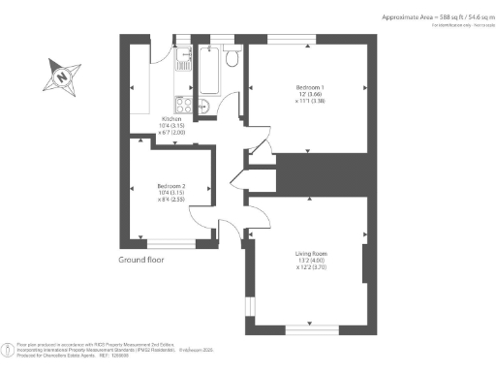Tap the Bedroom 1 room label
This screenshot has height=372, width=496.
308,88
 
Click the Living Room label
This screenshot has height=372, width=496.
308,255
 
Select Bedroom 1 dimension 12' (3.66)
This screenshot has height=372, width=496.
308,95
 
